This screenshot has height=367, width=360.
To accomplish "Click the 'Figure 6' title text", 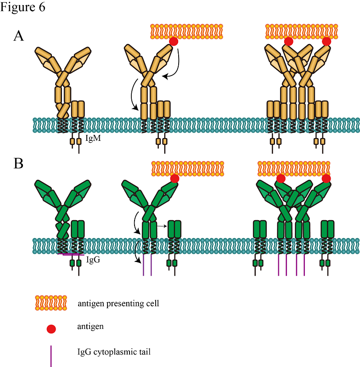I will pos(22,8).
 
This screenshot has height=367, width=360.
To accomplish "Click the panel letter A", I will pos(19,37).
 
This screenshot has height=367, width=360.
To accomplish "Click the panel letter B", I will pos(18,164).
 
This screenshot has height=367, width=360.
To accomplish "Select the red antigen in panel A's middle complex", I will pos(174,42).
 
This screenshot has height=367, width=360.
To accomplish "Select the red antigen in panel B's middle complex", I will pos(174,178).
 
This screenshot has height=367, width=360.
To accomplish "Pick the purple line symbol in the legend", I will pos(51,356).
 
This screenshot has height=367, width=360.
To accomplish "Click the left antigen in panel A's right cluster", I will pos(288,42).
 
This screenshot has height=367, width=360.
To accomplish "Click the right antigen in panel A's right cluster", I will pos(326,42).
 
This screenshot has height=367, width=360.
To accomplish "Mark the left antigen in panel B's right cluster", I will pos(281,178).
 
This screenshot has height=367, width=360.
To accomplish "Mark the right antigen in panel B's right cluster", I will pos(326,178).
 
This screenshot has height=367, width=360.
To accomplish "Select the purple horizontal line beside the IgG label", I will pos(71,254).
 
